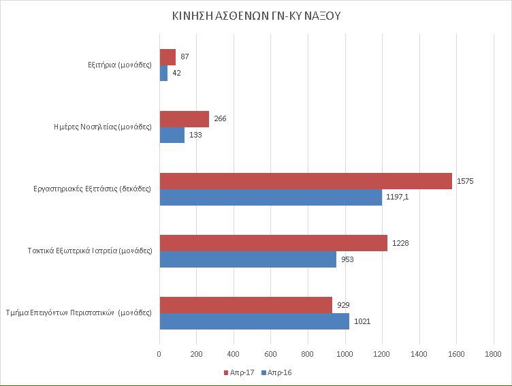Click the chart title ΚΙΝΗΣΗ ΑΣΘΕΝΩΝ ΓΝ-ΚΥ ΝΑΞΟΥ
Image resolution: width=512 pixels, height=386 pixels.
tap(256, 16)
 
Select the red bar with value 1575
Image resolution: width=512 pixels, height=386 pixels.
tap(306, 181)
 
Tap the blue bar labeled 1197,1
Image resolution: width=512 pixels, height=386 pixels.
tap(270, 197)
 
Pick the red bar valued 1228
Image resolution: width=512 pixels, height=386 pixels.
tap(273, 243)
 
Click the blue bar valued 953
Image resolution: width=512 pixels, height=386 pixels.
tap(248, 259)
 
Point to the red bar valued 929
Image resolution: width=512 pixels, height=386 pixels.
tap(246, 305)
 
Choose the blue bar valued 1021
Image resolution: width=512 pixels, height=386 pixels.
tap(254, 321)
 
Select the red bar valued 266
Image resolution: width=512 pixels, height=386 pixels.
tap(184, 119)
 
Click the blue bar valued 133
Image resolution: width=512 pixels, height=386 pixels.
tap(172, 135)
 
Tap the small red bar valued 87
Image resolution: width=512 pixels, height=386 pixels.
tap(167, 57)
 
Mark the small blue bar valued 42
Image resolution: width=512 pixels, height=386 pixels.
tap(163, 73)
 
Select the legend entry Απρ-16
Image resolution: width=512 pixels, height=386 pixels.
tap(279, 372)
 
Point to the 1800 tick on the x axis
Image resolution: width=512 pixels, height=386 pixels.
tap(493, 354)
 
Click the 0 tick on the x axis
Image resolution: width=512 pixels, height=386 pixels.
tap(159, 354)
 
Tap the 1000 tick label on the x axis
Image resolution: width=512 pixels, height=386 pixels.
tap(345, 354)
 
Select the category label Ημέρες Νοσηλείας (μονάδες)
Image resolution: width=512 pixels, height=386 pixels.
tap(103, 127)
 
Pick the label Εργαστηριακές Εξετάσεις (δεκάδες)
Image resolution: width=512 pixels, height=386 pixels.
tap(92, 189)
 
